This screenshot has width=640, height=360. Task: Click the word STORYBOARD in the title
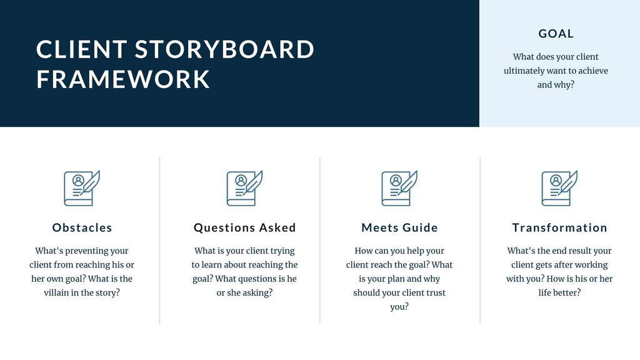tap(224, 49)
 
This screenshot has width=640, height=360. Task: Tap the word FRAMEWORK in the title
tap(123, 79)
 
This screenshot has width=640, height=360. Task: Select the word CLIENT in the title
tap(82, 49)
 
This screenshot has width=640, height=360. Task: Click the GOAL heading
tap(556, 34)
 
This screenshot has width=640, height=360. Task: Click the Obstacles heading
tap(82, 227)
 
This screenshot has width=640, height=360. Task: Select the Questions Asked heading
tap(244, 227)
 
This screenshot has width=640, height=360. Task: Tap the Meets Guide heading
tap(399, 227)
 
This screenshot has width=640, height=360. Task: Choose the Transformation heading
tap(559, 227)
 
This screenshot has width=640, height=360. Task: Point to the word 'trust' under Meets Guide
tap(432, 292)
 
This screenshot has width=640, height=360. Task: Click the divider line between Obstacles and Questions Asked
tap(160, 240)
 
